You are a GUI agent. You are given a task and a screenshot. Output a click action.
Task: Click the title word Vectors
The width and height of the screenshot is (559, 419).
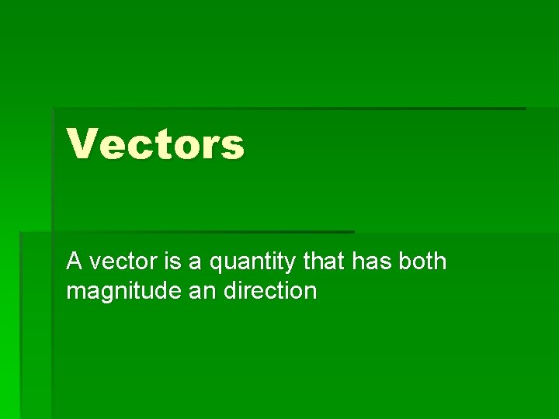click(x=155, y=144)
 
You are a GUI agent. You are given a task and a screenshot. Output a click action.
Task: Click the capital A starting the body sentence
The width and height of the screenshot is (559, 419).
click(x=75, y=262)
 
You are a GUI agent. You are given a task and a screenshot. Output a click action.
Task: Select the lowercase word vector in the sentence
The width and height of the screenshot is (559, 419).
click(x=123, y=263)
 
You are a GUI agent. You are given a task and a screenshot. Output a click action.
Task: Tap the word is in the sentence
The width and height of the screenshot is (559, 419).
click(x=172, y=262)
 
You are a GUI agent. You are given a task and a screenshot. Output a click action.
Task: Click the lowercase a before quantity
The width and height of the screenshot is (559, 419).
click(x=195, y=264)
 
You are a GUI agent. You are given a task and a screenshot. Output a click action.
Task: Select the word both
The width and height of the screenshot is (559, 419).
click(x=423, y=262)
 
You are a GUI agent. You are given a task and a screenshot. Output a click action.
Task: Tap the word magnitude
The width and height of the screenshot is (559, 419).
click(x=117, y=293)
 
